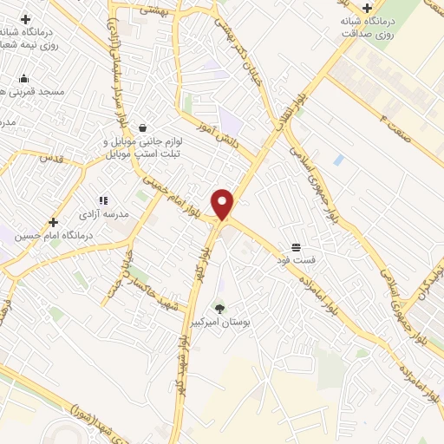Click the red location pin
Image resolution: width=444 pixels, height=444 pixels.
(x=224, y=205)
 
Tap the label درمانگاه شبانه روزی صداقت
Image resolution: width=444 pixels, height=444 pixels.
(x=388, y=27)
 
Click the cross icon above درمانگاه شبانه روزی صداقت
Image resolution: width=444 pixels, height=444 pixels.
(x=368, y=8)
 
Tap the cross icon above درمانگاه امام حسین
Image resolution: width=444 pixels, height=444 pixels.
(x=54, y=223)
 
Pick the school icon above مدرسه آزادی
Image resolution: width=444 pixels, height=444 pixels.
(x=103, y=200)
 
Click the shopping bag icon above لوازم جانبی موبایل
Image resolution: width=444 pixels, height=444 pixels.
(x=141, y=127)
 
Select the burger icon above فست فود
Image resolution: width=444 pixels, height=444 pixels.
(x=297, y=246)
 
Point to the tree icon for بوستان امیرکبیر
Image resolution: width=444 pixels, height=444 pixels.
(x=219, y=308)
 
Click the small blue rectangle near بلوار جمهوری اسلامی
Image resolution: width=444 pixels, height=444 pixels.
(x=338, y=160)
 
